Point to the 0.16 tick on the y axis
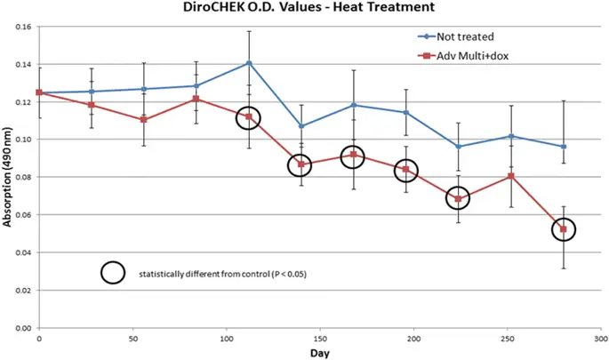(x=23, y=27)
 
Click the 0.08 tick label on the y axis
(x=23, y=177)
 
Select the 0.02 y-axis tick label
(x=23, y=290)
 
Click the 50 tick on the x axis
(x=132, y=339)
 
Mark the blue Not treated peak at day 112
(x=249, y=63)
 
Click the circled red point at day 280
(x=564, y=229)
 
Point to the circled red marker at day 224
(x=458, y=198)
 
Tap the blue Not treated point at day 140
(x=301, y=126)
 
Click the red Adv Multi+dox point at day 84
(x=196, y=99)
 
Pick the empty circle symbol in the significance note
(x=112, y=273)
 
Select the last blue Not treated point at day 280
(x=564, y=147)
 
